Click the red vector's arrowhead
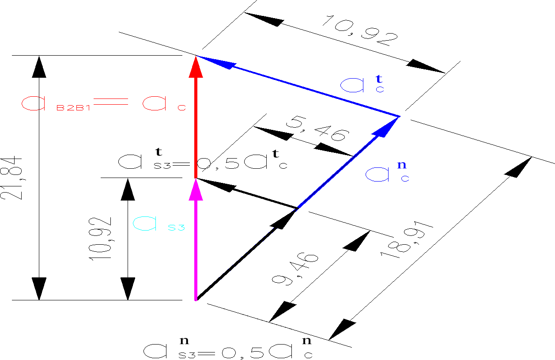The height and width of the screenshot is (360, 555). pos(196,67)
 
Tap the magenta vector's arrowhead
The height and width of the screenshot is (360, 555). pos(196,189)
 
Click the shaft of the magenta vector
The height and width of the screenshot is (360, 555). pos(196,247)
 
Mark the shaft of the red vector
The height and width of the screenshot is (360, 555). pos(196,128)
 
